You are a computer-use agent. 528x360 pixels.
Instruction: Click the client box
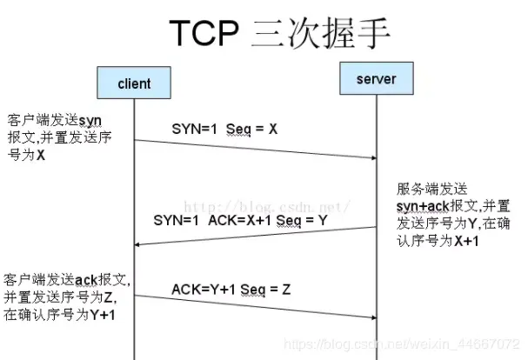click(x=134, y=83)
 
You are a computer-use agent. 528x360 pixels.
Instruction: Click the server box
click(x=376, y=79)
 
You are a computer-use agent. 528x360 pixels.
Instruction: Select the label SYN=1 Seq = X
click(x=224, y=129)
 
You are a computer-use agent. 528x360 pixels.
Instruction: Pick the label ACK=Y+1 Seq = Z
click(x=231, y=289)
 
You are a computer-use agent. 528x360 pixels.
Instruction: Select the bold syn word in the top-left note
click(x=90, y=118)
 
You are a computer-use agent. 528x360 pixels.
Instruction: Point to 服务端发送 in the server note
click(x=431, y=188)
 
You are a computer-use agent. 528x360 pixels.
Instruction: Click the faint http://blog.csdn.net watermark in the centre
click(x=270, y=206)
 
